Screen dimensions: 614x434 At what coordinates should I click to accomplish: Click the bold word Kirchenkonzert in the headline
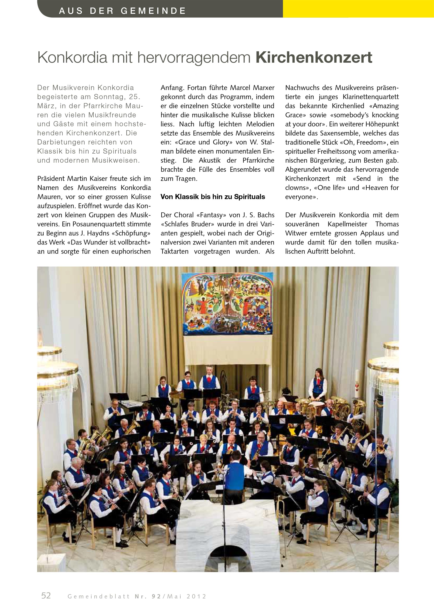[x=314, y=57]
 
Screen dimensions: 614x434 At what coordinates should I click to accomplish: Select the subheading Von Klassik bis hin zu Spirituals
[x=213, y=197]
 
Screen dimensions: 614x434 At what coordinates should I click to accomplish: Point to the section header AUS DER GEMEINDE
[x=122, y=11]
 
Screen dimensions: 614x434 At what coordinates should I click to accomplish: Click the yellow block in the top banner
[x=358, y=9]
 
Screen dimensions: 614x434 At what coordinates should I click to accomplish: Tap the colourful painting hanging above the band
[x=227, y=303]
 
